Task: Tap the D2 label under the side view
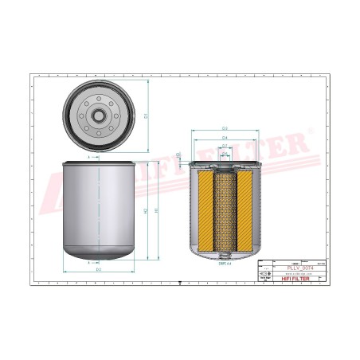pyautogui.click(x=98, y=270)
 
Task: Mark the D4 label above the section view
pyautogui.click(x=225, y=137)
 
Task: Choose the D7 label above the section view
pyautogui.click(x=225, y=147)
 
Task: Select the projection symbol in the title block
pyautogui.click(x=264, y=274)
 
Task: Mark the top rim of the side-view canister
pyautogui.click(x=98, y=163)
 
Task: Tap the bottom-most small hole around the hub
pyautogui.click(x=98, y=129)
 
